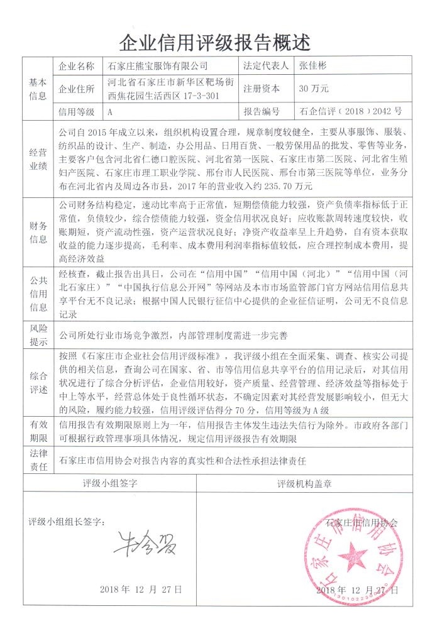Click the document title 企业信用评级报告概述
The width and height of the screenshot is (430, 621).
click(215, 43)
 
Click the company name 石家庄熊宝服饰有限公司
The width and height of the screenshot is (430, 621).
click(157, 66)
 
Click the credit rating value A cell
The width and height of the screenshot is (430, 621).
click(110, 112)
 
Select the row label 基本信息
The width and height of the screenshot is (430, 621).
click(38, 89)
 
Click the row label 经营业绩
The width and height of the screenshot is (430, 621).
click(38, 160)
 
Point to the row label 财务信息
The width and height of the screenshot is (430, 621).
click(38, 232)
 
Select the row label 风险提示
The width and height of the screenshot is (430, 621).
click(38, 335)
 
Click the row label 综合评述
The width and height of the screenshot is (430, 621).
click(38, 383)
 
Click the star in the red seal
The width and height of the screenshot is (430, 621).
click(353, 555)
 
